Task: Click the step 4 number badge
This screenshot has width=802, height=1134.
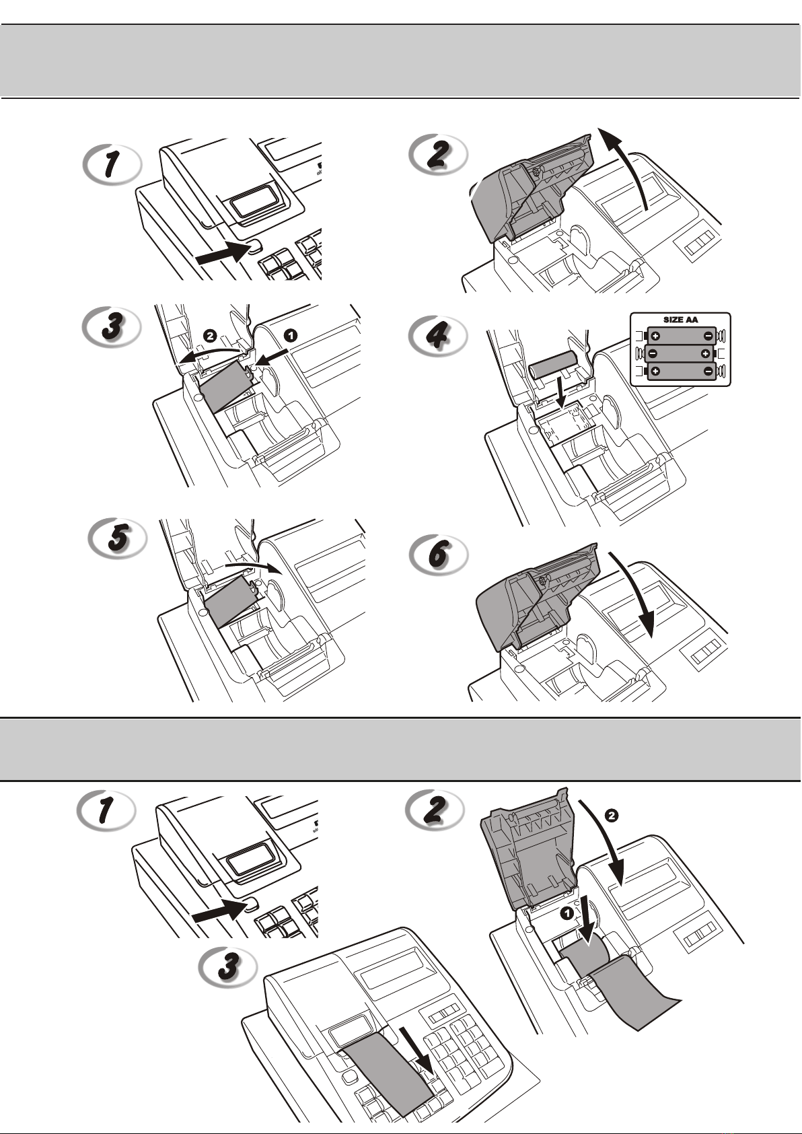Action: tap(438, 335)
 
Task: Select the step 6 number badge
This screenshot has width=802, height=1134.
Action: tap(438, 554)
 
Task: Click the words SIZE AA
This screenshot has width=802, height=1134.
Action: tap(681, 320)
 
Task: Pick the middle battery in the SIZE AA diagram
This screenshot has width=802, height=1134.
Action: tap(680, 353)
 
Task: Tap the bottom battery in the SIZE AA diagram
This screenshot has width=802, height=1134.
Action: tap(680, 371)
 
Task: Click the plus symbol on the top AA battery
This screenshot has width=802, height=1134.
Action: tap(656, 336)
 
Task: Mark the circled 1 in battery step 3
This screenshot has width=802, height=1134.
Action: tap(291, 334)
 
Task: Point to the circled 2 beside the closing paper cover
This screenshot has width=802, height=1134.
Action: tap(611, 816)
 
